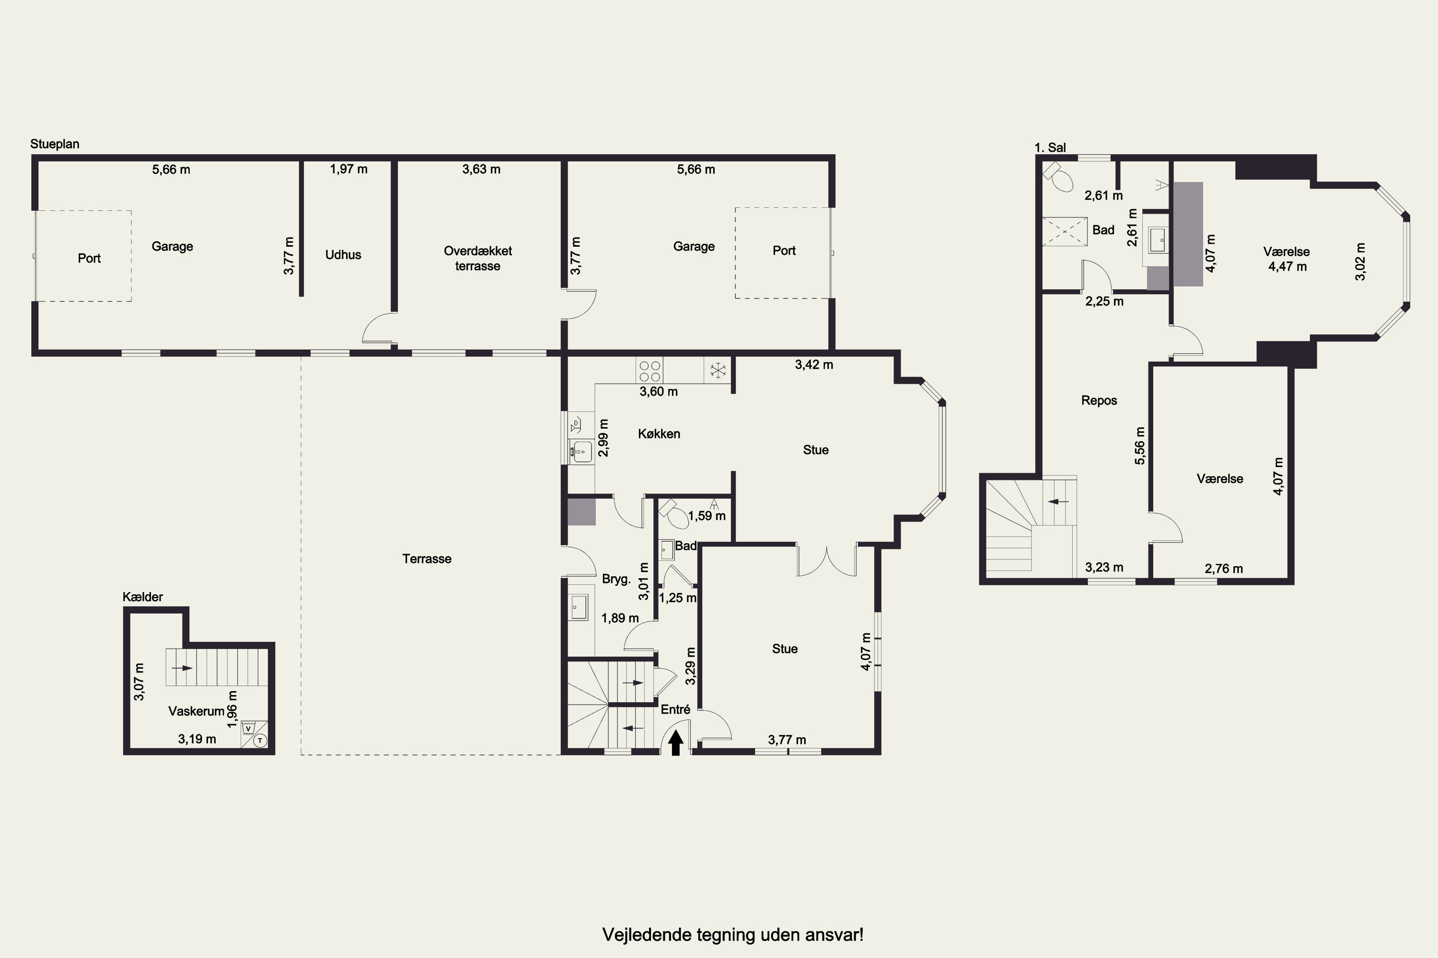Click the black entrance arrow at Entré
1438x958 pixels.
[x=675, y=743]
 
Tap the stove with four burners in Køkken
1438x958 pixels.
[x=649, y=371]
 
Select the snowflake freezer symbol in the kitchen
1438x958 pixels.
[x=718, y=370]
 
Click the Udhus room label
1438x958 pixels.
[x=343, y=255]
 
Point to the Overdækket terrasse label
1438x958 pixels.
[x=477, y=259]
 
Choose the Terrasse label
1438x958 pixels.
[x=427, y=559]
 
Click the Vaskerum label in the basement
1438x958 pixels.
[x=196, y=711]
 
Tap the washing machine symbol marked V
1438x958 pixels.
[x=249, y=728]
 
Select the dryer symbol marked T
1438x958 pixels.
[x=260, y=741]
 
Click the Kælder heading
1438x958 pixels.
[x=142, y=597]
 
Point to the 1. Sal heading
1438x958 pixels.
[x=1050, y=147]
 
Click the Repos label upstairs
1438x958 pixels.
[x=1099, y=401]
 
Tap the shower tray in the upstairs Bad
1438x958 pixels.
[x=1065, y=231]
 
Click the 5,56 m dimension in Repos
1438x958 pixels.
[x=1140, y=445]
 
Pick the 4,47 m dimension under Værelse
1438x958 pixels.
[x=1287, y=266]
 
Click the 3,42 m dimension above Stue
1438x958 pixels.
[x=814, y=365]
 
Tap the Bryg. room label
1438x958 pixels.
[x=616, y=579]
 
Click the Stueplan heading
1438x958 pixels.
[x=55, y=144]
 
